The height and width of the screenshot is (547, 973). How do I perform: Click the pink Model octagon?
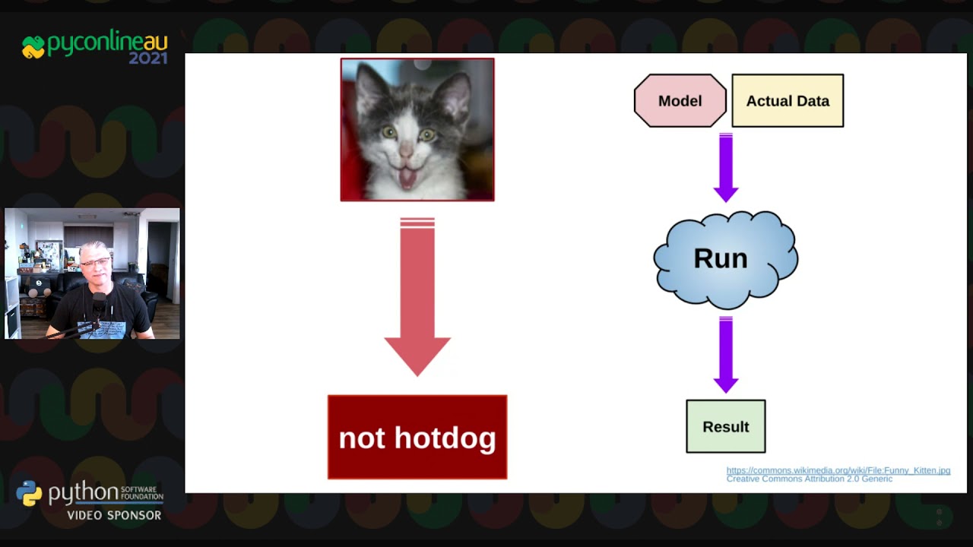[x=680, y=101]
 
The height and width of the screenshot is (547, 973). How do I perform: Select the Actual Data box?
[x=788, y=101]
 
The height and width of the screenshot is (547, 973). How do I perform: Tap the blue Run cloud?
[x=725, y=260]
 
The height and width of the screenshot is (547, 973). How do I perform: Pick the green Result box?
[x=726, y=426]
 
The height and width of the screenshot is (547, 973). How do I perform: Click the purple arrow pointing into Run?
[x=726, y=168]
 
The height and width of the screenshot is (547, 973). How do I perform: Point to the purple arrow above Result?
[x=726, y=355]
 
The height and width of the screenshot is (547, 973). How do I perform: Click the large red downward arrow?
[x=417, y=297]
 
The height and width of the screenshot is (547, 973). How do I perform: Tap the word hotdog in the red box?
[x=445, y=438]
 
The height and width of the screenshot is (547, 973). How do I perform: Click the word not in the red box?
[x=361, y=438]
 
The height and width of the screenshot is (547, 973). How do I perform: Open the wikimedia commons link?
[x=838, y=470]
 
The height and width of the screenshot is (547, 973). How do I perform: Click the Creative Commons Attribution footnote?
[x=810, y=479]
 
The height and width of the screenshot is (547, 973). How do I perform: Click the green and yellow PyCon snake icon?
[x=33, y=47]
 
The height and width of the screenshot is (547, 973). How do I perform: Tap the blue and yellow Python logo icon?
[x=29, y=493]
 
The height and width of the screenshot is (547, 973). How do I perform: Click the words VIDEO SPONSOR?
[x=114, y=515]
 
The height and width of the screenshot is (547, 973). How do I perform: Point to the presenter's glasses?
[x=95, y=262]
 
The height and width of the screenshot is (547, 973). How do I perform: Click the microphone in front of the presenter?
[x=100, y=304]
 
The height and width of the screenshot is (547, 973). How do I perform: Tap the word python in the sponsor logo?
[x=84, y=493]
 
